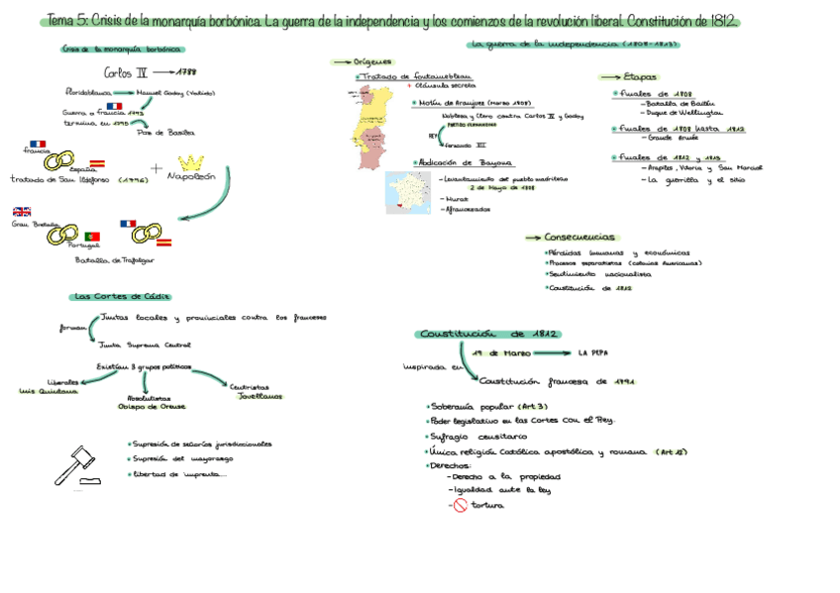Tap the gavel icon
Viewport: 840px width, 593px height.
[76, 464]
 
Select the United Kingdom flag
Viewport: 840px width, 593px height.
[22, 211]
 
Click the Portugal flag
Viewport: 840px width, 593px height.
[92, 237]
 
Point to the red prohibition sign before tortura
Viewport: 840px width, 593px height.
[460, 505]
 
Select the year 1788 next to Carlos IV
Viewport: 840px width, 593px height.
[187, 71]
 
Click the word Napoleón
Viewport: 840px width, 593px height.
[191, 178]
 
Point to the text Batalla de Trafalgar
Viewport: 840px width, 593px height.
[115, 260]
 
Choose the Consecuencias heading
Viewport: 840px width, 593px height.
[579, 238]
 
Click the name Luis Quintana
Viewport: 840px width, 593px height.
[48, 391]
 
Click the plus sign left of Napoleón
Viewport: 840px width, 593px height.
[156, 167]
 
